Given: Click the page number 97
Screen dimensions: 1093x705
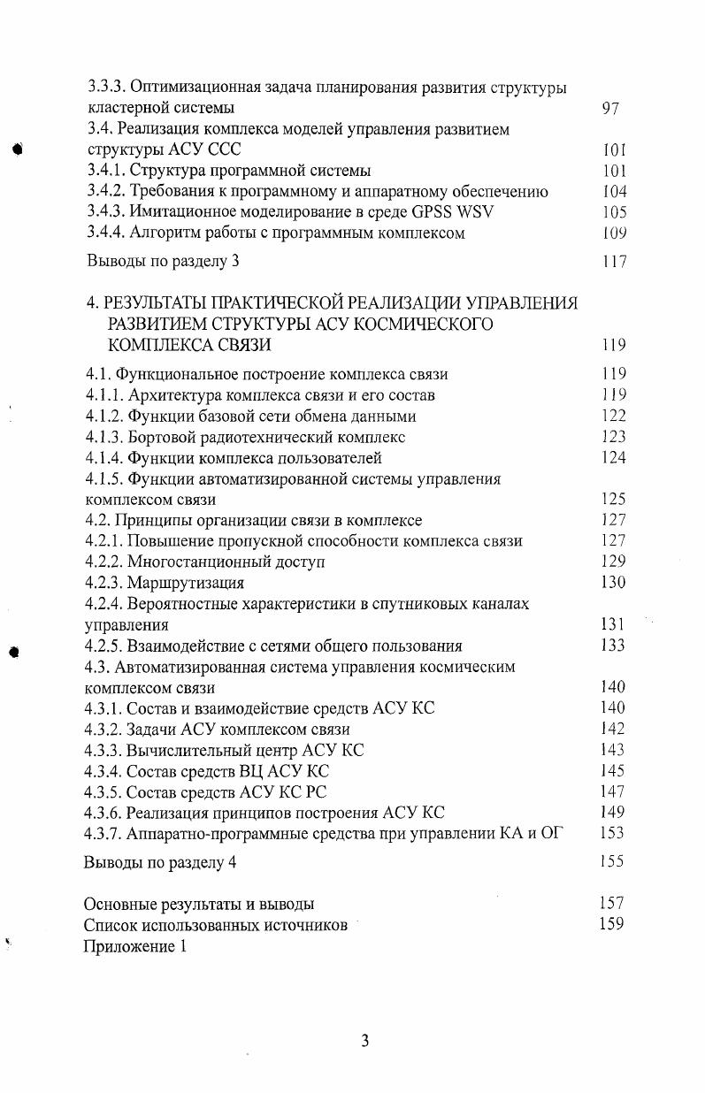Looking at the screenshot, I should click(609, 109).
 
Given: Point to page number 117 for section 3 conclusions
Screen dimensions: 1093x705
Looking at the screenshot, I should click(612, 262).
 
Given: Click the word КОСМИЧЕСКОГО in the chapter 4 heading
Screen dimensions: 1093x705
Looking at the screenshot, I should click(425, 324).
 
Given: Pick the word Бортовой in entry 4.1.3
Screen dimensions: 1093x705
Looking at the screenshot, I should click(158, 437).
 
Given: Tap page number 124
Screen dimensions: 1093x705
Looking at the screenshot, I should click(612, 458).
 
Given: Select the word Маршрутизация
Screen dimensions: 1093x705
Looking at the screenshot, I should click(185, 583).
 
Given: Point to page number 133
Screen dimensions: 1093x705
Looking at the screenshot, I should click(612, 646).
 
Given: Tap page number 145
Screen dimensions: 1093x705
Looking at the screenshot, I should click(612, 771).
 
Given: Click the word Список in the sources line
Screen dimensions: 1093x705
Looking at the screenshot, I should click(111, 925).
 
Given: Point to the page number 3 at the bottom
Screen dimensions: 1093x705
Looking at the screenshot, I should click(364, 1041).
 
